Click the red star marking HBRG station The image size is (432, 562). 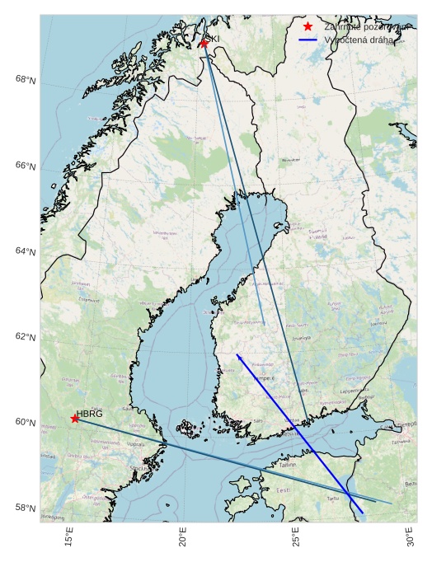click(x=75, y=419)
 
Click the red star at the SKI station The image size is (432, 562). click(x=204, y=43)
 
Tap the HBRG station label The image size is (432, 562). click(x=90, y=414)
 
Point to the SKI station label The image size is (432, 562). click(x=213, y=39)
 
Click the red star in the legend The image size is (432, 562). click(x=308, y=26)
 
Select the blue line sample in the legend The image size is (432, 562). click(x=308, y=40)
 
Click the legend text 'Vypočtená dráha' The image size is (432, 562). click(x=359, y=40)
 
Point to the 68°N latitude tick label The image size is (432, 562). click(x=26, y=80)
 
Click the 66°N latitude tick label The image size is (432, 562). click(x=26, y=166)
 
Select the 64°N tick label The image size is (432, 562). click(x=26, y=252)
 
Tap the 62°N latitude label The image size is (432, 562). click(x=26, y=338)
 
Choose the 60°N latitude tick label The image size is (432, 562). click(x=26, y=423)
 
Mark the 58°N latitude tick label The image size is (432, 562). click(x=26, y=508)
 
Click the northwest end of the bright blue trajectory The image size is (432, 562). click(x=237, y=355)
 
